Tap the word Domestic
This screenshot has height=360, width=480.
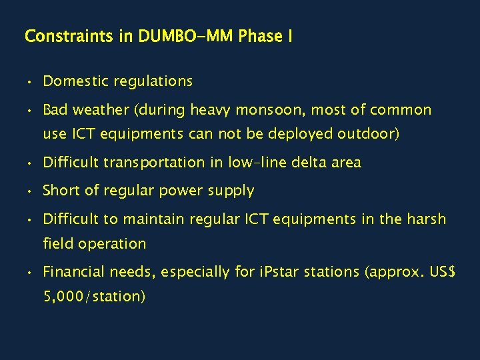76,81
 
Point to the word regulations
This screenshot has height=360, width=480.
153,81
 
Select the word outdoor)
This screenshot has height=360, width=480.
369,134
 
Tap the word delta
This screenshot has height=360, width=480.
294,163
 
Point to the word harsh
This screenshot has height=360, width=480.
427,219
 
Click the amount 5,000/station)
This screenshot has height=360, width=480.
94,296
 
